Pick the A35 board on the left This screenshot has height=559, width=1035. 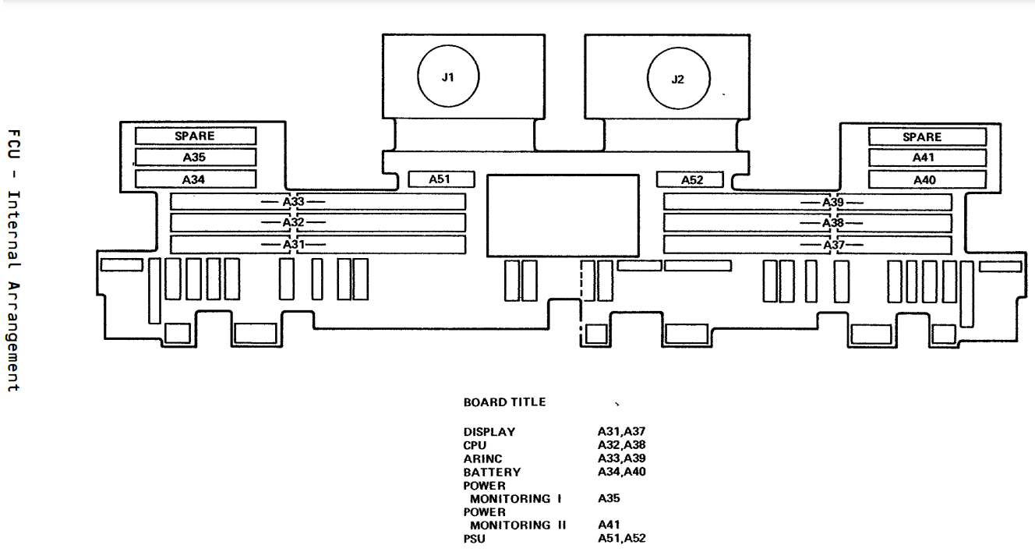196,157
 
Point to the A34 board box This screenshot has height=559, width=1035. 196,179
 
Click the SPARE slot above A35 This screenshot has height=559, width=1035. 196,136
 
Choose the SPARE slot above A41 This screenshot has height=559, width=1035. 927,137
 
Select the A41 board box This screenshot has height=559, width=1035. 927,157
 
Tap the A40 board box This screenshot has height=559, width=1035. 927,179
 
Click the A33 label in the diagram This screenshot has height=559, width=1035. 293,202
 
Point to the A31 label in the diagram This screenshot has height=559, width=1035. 293,244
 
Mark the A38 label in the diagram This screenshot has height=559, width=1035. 832,223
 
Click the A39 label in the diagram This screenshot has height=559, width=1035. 832,202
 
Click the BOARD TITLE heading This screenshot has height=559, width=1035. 504,402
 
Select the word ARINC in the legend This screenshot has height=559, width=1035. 482,458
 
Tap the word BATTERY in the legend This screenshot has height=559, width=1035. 492,472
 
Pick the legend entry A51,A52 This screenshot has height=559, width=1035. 621,538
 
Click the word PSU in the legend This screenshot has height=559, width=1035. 474,539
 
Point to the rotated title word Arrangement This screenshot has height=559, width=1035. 13,336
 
